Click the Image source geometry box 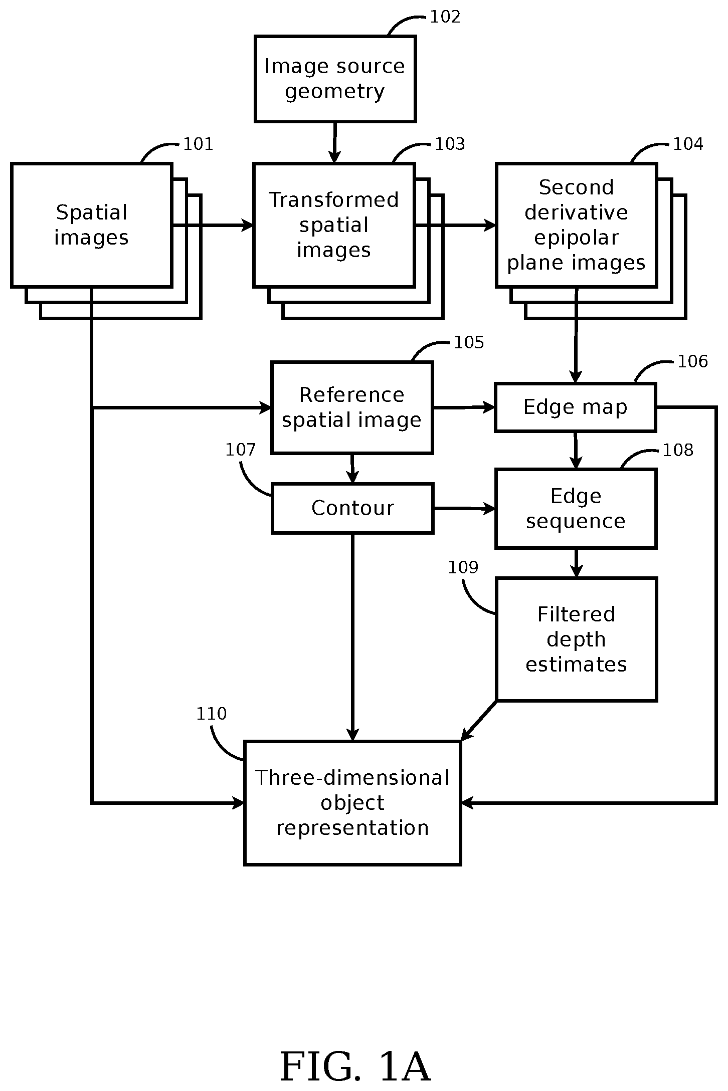[x=335, y=79]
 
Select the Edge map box [x=575, y=407]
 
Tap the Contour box [x=352, y=508]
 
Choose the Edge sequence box [x=576, y=509]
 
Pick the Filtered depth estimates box [x=576, y=639]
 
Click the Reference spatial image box [x=352, y=407]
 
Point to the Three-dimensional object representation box [x=352, y=803]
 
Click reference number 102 [x=445, y=17]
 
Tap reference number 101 [x=198, y=144]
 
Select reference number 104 [x=688, y=144]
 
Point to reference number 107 [x=241, y=450]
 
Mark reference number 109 [x=463, y=567]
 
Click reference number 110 [x=211, y=714]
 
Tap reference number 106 [x=692, y=361]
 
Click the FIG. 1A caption [x=355, y=1067]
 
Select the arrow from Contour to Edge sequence [x=464, y=509]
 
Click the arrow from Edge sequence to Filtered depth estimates [x=576, y=563]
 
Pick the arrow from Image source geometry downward [x=334, y=142]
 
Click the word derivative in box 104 [x=576, y=212]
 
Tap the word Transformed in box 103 [x=334, y=200]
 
